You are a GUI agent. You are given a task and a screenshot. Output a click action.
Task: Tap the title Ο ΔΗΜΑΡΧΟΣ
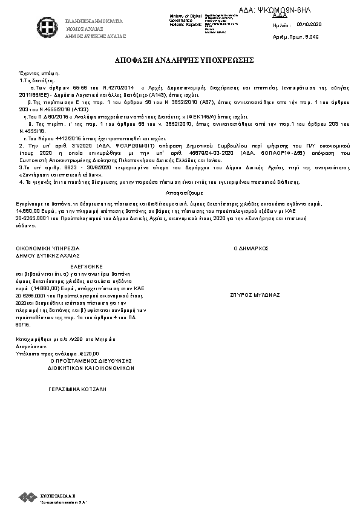(250, 248)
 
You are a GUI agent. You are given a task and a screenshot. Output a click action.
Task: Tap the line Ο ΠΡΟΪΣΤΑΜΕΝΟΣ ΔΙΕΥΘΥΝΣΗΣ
(91, 360)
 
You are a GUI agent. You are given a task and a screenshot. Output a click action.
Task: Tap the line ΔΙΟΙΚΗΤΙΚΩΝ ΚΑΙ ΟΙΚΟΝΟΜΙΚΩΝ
(91, 367)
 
